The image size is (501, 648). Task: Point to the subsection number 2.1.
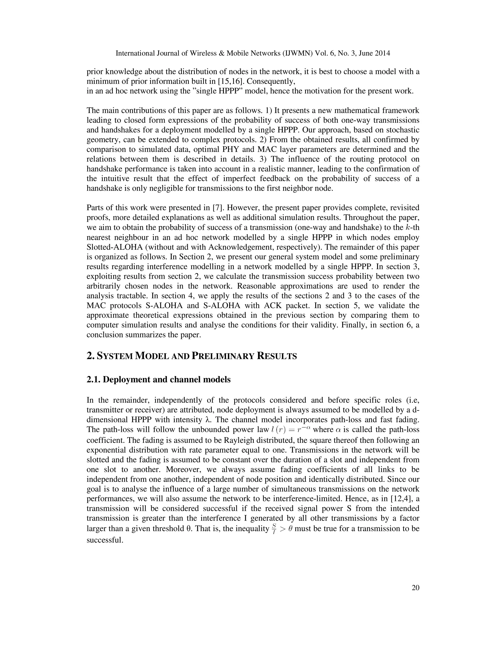coord(93,380)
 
